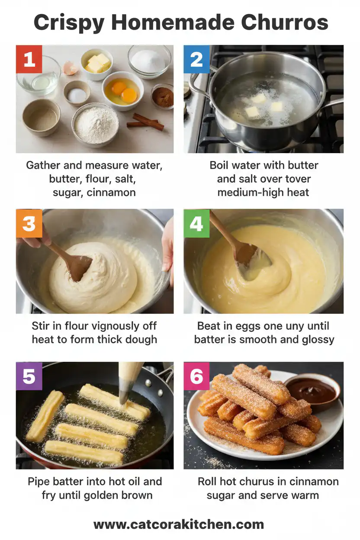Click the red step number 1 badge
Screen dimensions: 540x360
click(29, 59)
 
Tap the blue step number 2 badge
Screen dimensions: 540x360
click(197, 59)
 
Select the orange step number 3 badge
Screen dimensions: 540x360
click(29, 224)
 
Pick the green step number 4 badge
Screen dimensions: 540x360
click(197, 224)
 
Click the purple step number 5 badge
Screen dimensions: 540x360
click(29, 376)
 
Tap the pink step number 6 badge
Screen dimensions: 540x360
click(197, 376)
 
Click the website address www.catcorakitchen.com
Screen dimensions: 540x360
click(179, 524)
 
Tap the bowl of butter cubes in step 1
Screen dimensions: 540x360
click(97, 63)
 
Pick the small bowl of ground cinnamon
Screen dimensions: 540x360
click(163, 96)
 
